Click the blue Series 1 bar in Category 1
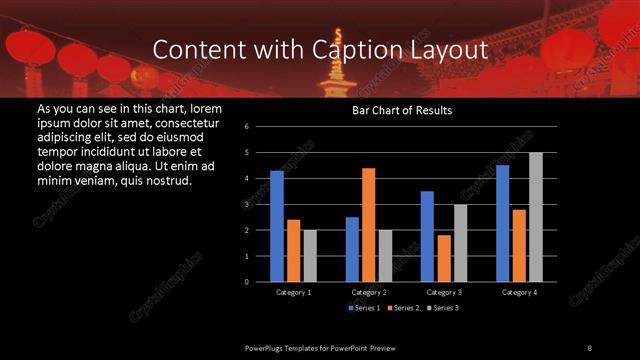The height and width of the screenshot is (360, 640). (277, 226)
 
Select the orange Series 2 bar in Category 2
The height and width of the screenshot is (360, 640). (369, 225)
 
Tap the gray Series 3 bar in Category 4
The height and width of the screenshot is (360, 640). (536, 217)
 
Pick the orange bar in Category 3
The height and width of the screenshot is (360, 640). (444, 258)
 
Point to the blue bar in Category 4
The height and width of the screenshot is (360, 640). (502, 223)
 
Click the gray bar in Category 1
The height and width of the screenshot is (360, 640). (310, 256)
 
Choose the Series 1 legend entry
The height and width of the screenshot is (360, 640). (365, 308)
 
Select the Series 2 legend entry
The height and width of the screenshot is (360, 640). (403, 308)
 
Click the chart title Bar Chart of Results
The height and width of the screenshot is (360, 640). (402, 110)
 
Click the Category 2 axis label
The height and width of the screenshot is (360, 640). (369, 292)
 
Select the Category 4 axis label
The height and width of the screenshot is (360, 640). (519, 292)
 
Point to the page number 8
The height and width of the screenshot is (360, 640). (590, 347)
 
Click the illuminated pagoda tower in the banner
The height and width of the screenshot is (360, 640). (334, 70)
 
